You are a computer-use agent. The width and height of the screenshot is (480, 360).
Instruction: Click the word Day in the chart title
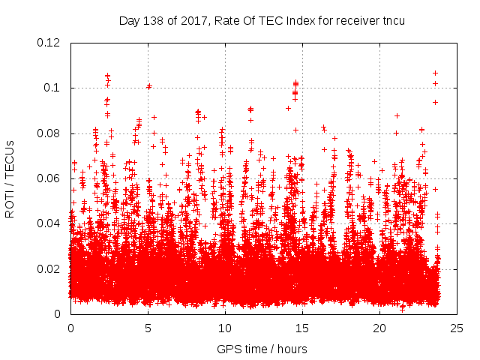tap(129, 20)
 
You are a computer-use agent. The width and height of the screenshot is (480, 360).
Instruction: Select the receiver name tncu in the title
tap(392, 20)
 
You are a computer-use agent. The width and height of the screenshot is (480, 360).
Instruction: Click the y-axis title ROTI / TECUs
tap(10, 178)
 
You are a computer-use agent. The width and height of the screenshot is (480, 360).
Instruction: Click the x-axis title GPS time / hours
tap(262, 349)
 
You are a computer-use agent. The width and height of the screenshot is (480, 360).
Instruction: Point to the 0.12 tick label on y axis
tap(49, 43)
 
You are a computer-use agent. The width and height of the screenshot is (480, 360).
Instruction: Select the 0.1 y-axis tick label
tap(52, 88)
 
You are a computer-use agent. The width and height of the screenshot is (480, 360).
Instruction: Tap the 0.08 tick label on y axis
tap(49, 133)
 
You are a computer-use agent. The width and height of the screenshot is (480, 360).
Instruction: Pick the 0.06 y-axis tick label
tap(49, 178)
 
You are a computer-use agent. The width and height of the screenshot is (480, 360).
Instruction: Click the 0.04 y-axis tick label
tap(49, 223)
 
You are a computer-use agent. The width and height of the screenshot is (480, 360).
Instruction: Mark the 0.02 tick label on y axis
tap(49, 269)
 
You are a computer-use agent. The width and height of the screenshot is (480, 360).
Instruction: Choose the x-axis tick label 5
tap(148, 328)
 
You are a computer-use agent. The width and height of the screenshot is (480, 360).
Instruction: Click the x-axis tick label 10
tap(225, 328)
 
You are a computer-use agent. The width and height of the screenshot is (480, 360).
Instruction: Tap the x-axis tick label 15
tap(302, 328)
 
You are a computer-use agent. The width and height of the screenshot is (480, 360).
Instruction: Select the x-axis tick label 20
tap(379, 328)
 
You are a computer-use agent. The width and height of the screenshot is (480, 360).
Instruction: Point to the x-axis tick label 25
tap(457, 328)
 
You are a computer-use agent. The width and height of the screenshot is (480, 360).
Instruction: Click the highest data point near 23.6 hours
tap(435, 73)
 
